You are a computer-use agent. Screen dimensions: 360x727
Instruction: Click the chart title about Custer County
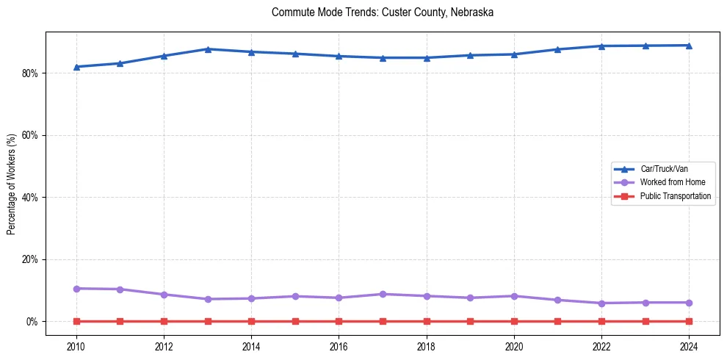tap(382, 12)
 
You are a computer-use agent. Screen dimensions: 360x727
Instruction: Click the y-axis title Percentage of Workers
tap(12, 184)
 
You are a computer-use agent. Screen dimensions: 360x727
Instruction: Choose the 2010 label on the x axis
tap(76, 346)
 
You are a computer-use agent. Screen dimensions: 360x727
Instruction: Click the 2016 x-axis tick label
tap(339, 346)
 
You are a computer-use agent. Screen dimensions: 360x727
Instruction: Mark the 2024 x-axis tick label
tap(689, 346)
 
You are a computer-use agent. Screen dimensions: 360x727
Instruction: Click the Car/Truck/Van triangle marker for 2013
tap(208, 49)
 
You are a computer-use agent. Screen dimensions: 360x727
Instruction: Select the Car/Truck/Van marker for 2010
tap(76, 67)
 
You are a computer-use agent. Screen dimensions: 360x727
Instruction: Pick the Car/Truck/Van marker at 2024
tap(689, 46)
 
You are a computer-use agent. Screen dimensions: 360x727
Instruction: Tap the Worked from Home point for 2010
tap(76, 289)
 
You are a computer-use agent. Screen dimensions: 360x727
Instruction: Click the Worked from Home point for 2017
tap(383, 294)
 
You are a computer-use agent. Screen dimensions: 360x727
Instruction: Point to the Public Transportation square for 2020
tap(514, 321)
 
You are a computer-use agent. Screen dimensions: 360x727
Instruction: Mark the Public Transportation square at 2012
tap(164, 321)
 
